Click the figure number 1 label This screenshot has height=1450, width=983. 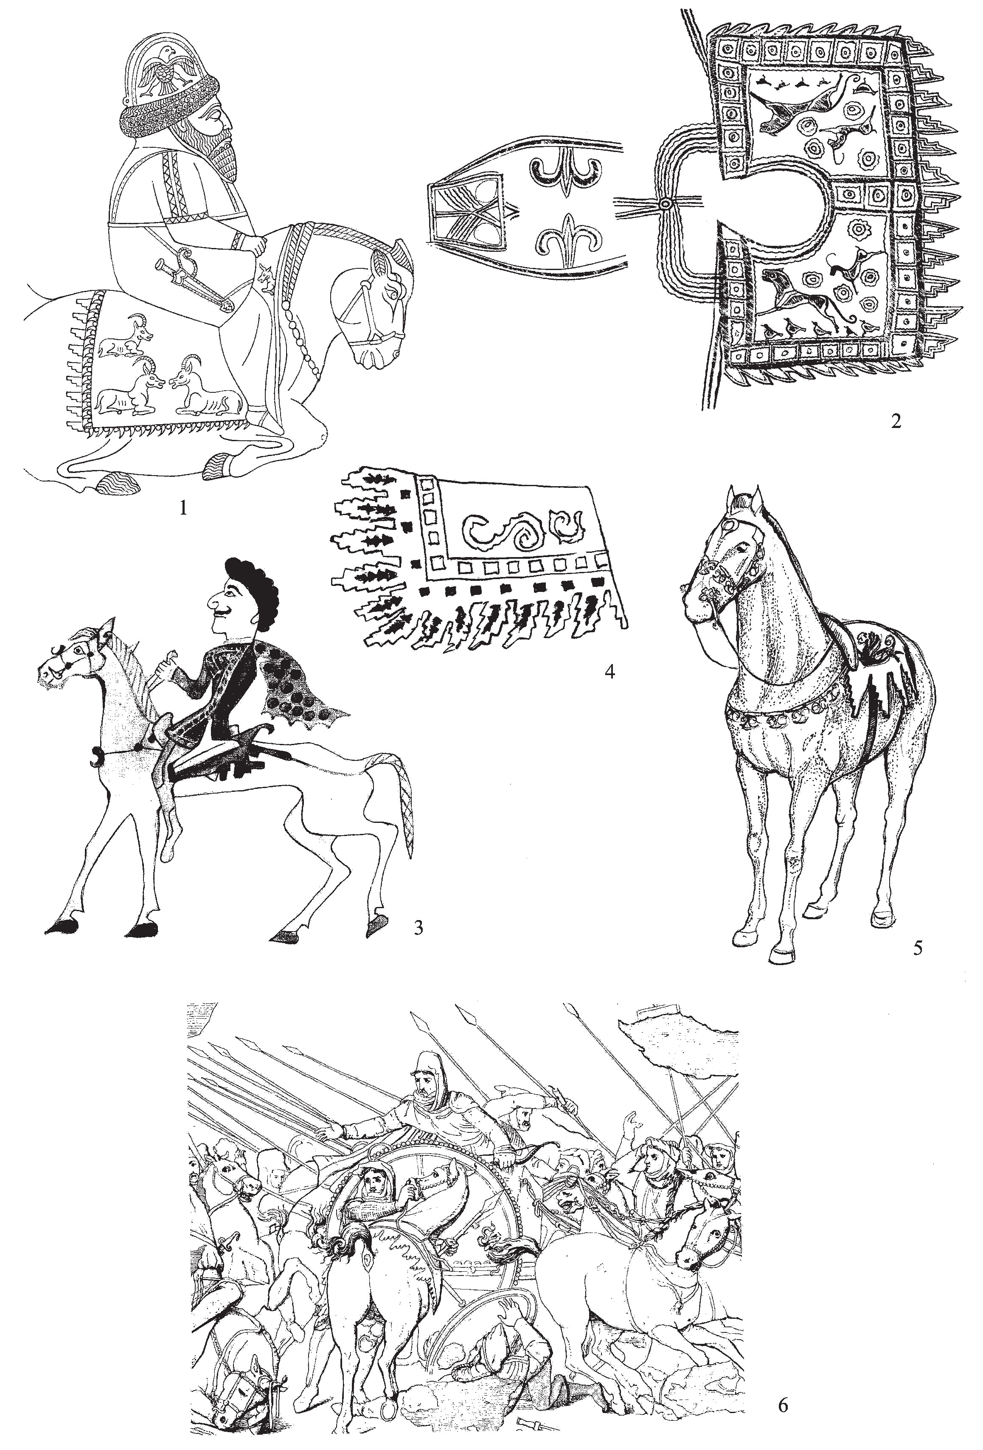pos(183,507)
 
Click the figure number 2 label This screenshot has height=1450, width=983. pos(896,422)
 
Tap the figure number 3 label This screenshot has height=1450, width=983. pos(418,928)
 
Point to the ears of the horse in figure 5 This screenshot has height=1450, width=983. pos(746,500)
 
